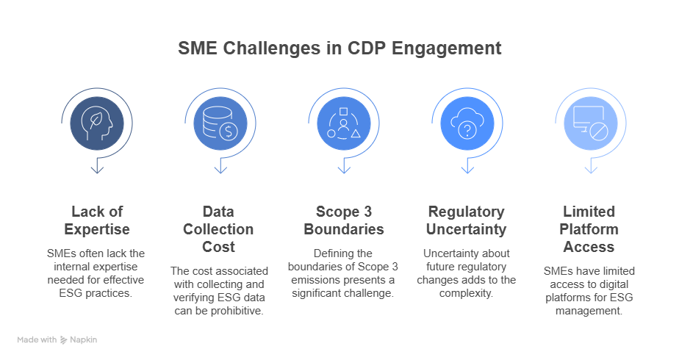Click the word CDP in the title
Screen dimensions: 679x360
(366, 48)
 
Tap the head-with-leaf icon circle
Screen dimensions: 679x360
(97, 123)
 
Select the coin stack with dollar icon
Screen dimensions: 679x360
(220, 123)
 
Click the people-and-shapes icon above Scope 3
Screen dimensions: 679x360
(344, 123)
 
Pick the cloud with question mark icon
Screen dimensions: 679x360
(467, 123)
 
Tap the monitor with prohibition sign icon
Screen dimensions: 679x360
(591, 123)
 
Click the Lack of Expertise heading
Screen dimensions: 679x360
(97, 220)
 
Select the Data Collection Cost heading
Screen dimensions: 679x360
(218, 229)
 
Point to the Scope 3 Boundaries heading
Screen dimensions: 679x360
(344, 220)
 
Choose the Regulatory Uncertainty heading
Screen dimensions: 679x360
(467, 220)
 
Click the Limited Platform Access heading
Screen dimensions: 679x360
(589, 229)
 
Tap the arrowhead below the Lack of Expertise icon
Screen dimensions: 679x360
(97, 170)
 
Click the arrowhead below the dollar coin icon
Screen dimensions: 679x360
(220, 170)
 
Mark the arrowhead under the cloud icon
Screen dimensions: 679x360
(467, 170)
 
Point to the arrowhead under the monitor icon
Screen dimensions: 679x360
(591, 170)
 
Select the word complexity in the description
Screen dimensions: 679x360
(466, 293)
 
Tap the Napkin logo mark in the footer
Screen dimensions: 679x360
(64, 340)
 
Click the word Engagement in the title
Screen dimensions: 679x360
(447, 48)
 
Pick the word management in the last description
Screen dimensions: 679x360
(589, 311)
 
